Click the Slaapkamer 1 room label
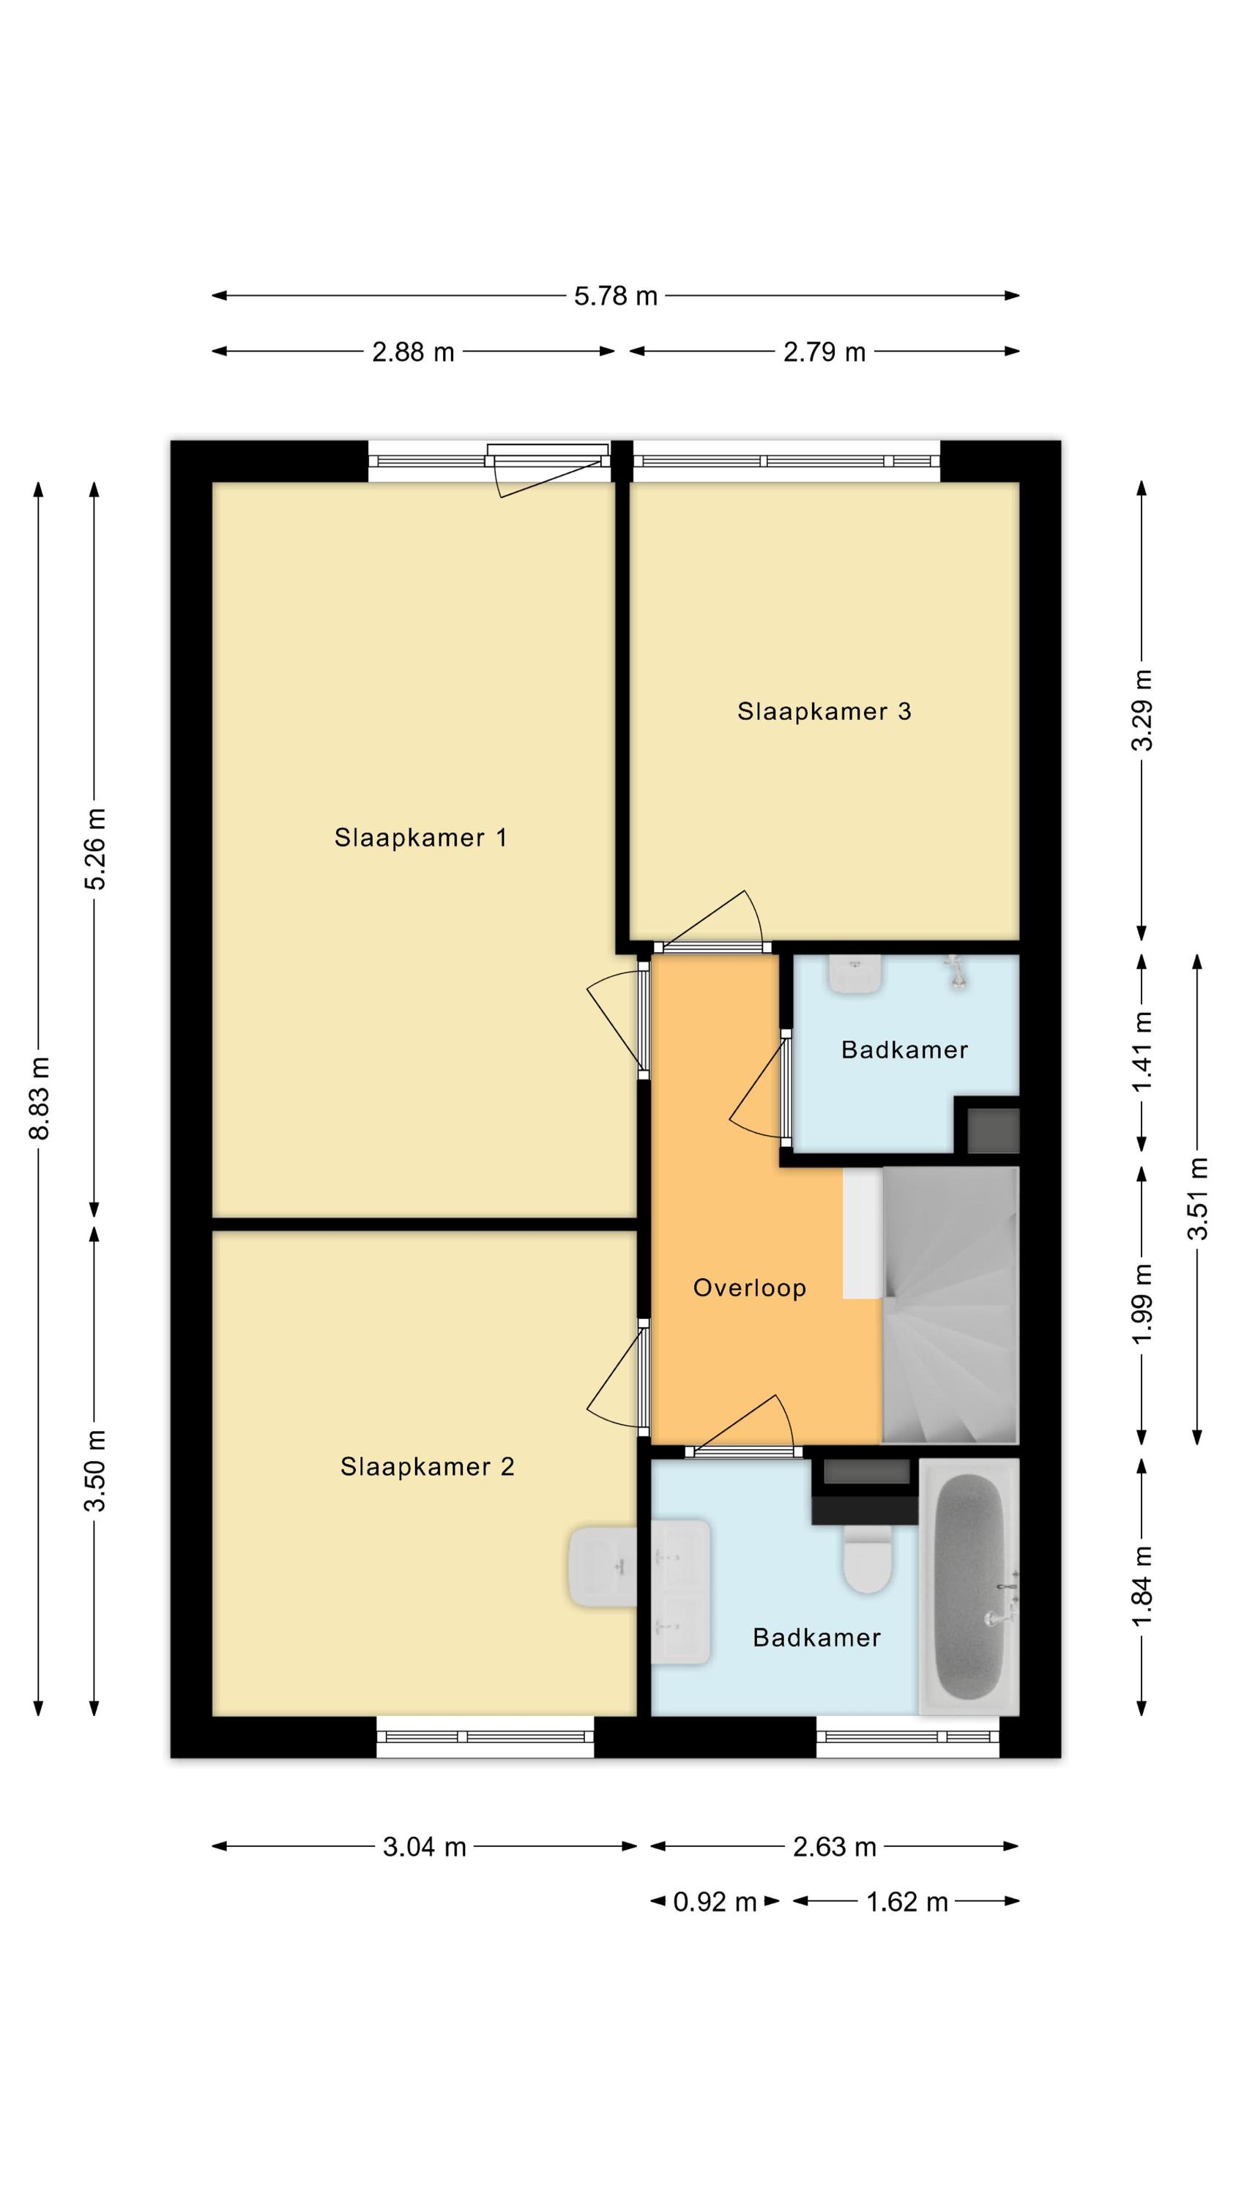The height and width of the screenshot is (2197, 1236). point(420,838)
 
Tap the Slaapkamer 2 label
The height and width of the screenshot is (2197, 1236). point(428,1466)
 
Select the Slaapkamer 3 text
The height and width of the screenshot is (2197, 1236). point(824,711)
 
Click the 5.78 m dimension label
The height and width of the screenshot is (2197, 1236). point(616,296)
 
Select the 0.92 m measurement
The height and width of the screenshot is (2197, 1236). point(715,1901)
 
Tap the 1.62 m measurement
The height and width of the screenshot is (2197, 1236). point(906,1901)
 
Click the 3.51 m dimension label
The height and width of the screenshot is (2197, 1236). point(1199,1198)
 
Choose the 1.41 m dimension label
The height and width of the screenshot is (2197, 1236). point(1142,1051)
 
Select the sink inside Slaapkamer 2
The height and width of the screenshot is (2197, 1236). point(603,1566)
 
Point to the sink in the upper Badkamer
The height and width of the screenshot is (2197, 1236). point(855,973)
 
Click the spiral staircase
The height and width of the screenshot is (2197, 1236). point(950,1304)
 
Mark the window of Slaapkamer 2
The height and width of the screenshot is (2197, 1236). point(485,1736)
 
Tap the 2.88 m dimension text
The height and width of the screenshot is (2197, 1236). point(413,352)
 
